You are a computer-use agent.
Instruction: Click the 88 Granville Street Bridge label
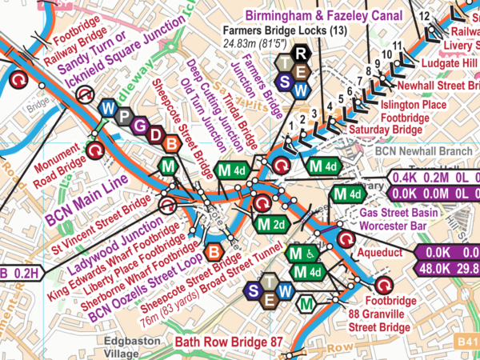(x=376, y=319)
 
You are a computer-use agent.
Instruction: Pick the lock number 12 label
(x=423, y=17)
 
